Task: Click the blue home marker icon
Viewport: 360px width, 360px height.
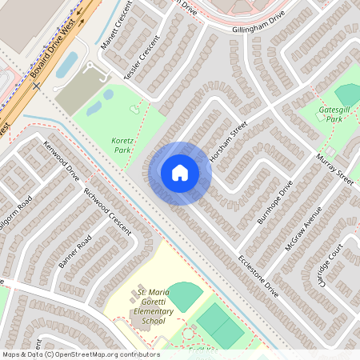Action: [x=180, y=172]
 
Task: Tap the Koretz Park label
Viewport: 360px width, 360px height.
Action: [x=122, y=145]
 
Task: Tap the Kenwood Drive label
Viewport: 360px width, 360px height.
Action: [x=62, y=160]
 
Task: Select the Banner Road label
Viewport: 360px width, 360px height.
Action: [x=76, y=252]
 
